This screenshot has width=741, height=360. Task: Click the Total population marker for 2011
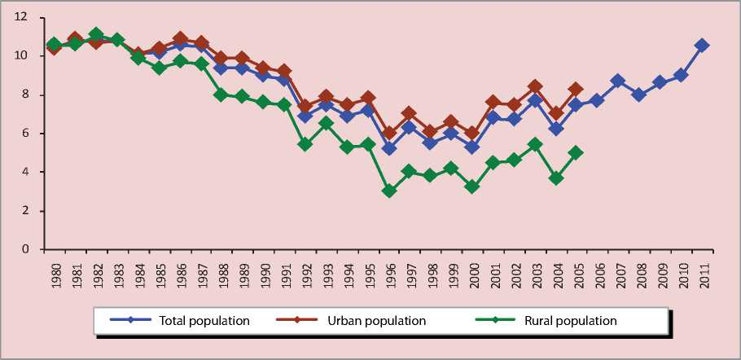[702, 46]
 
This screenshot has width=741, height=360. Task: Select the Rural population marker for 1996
[389, 191]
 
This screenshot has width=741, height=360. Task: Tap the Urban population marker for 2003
[535, 86]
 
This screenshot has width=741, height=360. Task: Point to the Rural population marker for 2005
[577, 152]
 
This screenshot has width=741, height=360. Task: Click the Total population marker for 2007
[618, 81]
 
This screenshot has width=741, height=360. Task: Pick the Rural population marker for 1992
[305, 144]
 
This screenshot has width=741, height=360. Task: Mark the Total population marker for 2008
[639, 94]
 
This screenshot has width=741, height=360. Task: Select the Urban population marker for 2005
[577, 90]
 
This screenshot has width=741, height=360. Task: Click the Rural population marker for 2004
[556, 178]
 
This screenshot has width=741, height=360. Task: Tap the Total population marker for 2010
[681, 75]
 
